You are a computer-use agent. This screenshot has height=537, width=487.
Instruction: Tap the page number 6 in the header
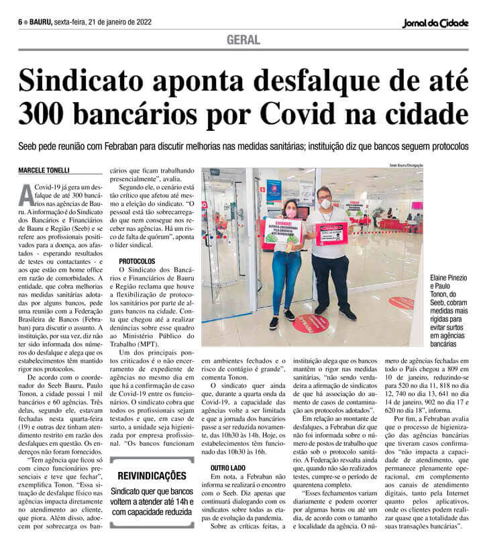tap(20, 21)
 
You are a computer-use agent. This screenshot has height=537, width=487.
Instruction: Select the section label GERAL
tap(243, 40)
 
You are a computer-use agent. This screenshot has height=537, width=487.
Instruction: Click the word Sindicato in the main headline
tap(93, 81)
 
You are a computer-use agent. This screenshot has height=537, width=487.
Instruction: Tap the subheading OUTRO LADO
tap(225, 466)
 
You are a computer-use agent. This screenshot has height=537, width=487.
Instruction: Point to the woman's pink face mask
tap(291, 212)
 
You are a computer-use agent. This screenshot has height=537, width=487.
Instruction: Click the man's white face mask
tap(325, 202)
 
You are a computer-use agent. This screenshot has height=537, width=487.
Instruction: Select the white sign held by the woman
tap(282, 232)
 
